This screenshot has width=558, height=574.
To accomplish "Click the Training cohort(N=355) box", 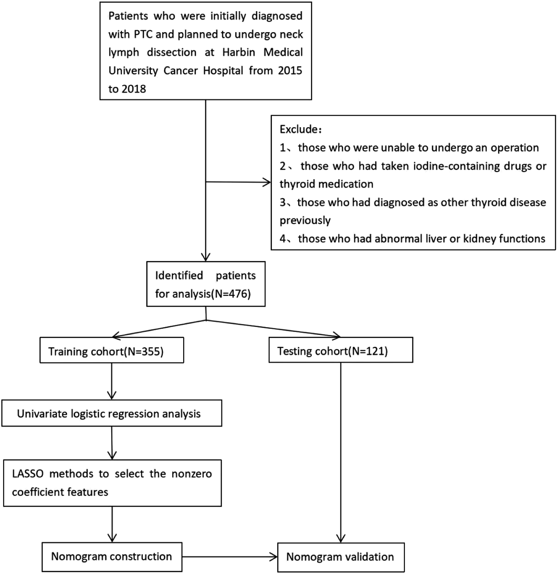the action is click(x=112, y=350).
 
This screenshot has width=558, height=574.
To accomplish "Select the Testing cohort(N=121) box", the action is click(x=341, y=350).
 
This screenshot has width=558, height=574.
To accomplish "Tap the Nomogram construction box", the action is click(x=112, y=557).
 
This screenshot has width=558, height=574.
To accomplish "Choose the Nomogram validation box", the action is click(x=341, y=557).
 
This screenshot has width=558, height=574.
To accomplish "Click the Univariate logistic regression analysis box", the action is click(x=112, y=413).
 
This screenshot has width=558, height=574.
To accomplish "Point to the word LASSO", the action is click(x=28, y=474).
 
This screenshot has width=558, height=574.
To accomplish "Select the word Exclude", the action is click(x=299, y=129).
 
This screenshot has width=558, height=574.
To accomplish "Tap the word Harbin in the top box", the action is click(x=238, y=52).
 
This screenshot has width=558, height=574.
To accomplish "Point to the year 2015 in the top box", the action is click(x=289, y=71).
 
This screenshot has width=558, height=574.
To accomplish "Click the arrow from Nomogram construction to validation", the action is click(x=229, y=557).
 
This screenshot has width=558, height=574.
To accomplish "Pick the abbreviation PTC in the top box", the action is click(x=143, y=34).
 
